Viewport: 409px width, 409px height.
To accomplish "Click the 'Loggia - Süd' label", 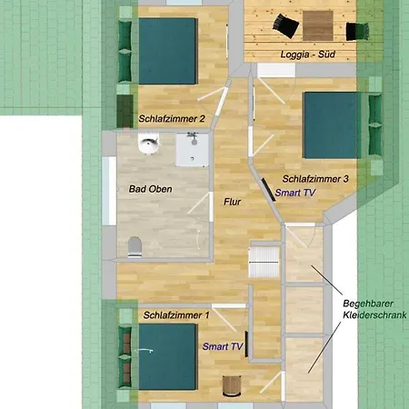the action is click(x=307, y=55).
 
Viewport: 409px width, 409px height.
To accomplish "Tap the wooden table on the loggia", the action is click(x=318, y=25).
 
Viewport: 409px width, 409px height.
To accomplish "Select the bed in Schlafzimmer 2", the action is click(x=167, y=51).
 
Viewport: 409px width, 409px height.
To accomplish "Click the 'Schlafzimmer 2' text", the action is click(x=172, y=118).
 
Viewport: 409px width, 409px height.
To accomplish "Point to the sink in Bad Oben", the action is click(x=148, y=144).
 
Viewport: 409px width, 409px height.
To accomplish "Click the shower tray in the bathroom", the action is click(x=192, y=150).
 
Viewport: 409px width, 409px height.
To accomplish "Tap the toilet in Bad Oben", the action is click(x=135, y=246).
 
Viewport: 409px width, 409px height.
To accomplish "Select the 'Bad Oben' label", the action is click(x=150, y=189).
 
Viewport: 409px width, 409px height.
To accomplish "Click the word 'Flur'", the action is click(x=232, y=202).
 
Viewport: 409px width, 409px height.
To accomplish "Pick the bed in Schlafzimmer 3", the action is click(x=332, y=125).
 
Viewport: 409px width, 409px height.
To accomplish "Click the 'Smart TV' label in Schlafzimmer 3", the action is click(x=295, y=193).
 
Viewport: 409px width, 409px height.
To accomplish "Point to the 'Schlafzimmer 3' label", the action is click(x=315, y=179).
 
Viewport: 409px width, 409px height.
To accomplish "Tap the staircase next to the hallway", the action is click(x=264, y=262).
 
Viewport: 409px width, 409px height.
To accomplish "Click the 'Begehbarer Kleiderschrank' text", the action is click(x=374, y=309).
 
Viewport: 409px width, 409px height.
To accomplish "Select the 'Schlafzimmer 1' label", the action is click(x=176, y=315).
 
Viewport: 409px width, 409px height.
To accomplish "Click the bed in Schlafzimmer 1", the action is click(x=168, y=356).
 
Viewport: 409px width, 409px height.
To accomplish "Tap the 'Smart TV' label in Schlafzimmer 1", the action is click(x=223, y=346).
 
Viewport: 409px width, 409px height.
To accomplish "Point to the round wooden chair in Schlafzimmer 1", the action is click(x=232, y=385).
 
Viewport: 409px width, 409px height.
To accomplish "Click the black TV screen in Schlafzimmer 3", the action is click(x=268, y=190).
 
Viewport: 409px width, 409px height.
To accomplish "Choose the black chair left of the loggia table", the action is click(x=285, y=25).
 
